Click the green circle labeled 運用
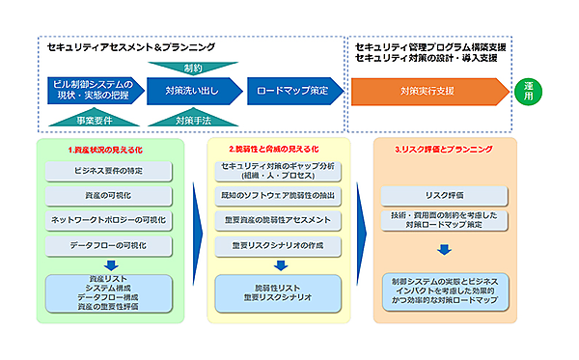coord(531,92)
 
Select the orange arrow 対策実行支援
coord(428,92)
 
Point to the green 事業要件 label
coord(95,121)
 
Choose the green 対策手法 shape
coord(190,121)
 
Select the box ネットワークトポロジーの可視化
coord(108,221)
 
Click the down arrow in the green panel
coord(108,265)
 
